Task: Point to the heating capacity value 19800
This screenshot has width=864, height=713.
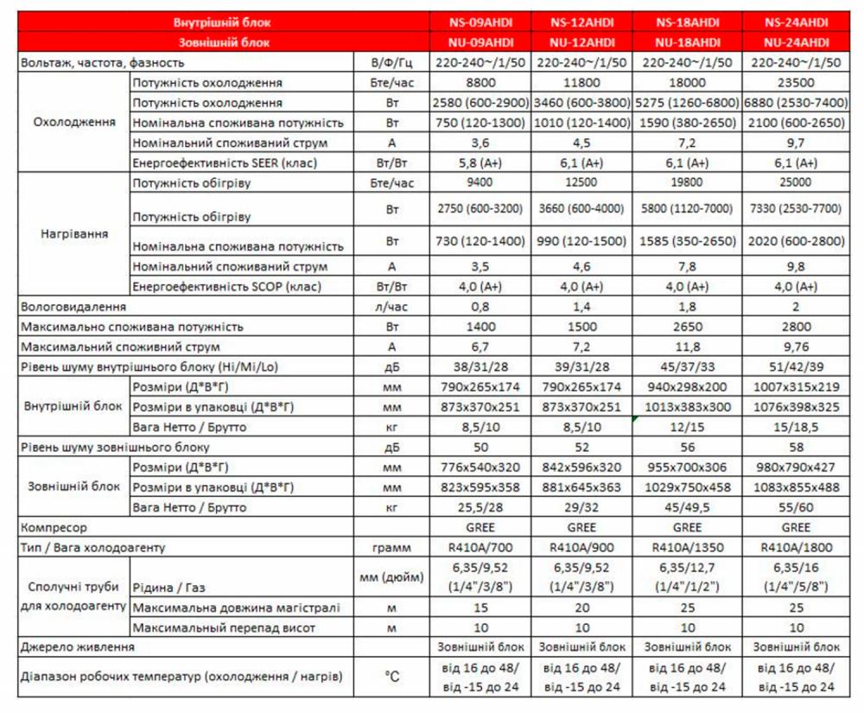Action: click(689, 182)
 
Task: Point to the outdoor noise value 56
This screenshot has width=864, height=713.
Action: click(689, 447)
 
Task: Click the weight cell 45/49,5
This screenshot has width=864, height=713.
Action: click(689, 506)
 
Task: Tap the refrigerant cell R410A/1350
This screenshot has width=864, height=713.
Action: click(689, 546)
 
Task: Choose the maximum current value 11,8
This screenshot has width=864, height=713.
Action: click(689, 347)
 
